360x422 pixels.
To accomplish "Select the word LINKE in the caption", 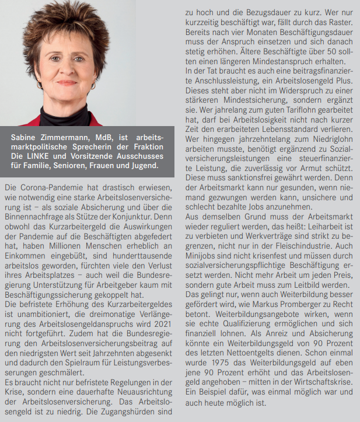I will (x=38, y=156).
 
